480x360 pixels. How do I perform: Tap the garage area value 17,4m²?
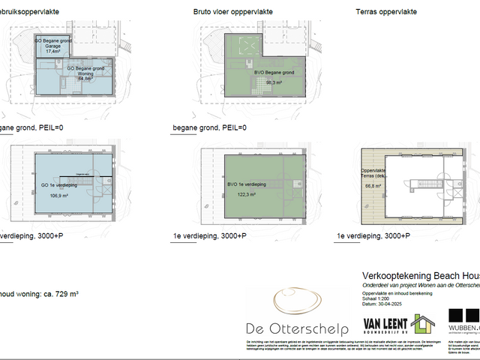(52, 52)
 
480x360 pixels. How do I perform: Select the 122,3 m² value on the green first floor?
(246, 193)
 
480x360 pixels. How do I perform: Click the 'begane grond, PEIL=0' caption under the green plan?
(209, 127)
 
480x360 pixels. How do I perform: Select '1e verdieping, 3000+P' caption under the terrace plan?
(373, 235)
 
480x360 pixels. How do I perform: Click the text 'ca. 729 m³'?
(59, 293)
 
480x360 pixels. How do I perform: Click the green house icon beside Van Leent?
(422, 323)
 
